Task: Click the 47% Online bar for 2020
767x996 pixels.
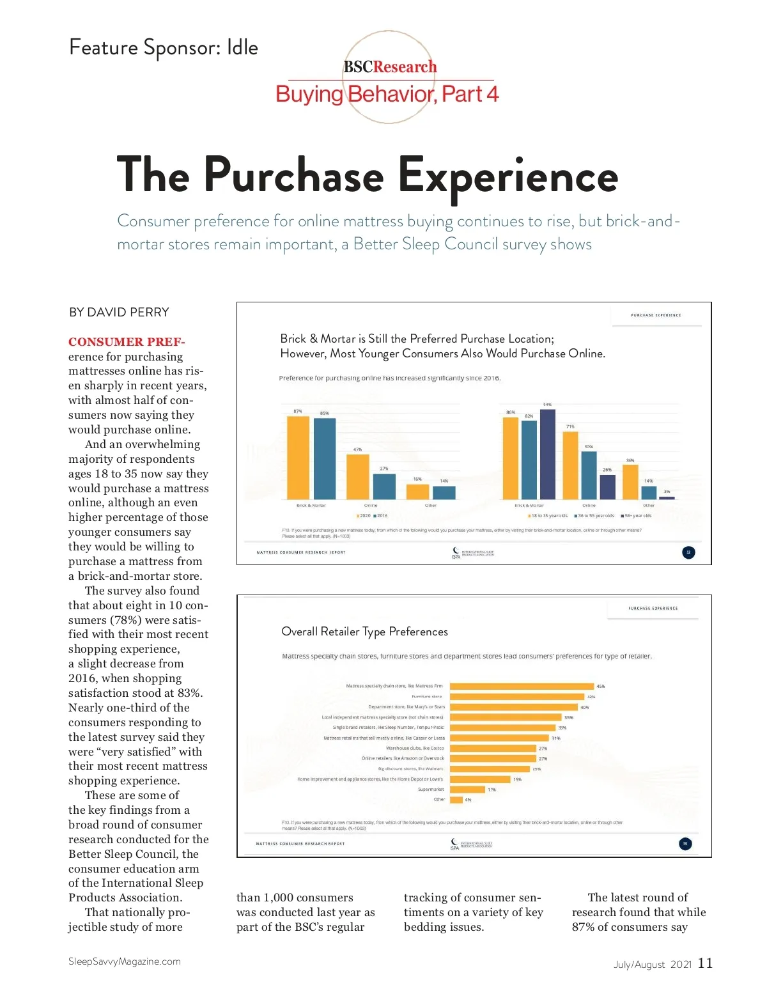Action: click(358, 476)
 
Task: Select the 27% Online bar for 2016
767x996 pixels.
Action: click(384, 486)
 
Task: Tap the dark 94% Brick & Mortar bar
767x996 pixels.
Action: click(548, 454)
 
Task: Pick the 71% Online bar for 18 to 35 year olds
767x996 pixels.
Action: click(570, 465)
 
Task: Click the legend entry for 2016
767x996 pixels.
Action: click(381, 515)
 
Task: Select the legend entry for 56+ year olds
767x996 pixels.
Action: click(637, 515)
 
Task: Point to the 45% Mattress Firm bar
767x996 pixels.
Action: click(522, 686)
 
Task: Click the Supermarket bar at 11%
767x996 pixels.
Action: click(467, 790)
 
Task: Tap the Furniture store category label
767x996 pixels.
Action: click(427, 696)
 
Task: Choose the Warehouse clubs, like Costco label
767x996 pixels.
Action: click(415, 748)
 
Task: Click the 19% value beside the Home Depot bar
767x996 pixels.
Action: click(517, 779)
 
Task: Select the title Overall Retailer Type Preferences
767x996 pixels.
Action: click(364, 632)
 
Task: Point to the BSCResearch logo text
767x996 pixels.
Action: click(390, 67)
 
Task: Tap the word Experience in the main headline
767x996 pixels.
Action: click(508, 176)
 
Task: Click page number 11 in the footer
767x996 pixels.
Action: click(705, 963)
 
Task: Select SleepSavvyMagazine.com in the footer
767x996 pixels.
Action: click(125, 961)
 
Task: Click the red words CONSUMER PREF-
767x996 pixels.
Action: click(127, 341)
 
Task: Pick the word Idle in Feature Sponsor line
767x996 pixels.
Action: click(242, 47)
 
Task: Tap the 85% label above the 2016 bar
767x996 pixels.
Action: click(325, 413)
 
